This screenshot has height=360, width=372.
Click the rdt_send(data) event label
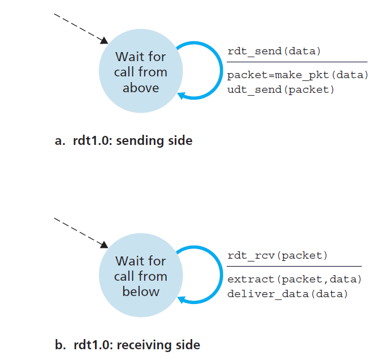[274, 52]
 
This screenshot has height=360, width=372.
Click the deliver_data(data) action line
[287, 294]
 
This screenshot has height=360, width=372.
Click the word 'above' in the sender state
[141, 88]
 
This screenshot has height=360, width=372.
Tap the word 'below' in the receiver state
[141, 292]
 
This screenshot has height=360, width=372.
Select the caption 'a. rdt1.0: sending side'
[123, 140]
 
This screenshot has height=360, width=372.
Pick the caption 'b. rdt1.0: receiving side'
[127, 344]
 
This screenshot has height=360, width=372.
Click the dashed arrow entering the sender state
[79, 27]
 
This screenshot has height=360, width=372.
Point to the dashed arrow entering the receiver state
[79, 230]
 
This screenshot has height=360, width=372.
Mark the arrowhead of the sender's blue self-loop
[182, 96]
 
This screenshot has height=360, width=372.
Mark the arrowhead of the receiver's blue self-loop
[182, 300]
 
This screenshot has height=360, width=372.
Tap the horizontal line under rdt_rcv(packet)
[294, 266]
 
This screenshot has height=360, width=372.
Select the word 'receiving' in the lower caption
[146, 345]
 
